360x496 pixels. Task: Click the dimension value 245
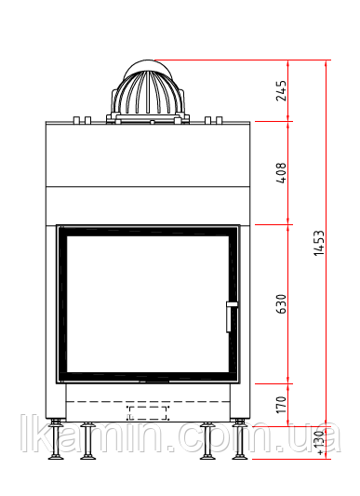[281, 91]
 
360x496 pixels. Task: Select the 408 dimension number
[281, 173]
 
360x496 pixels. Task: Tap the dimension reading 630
[281, 304]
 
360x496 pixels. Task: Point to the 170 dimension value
[281, 405]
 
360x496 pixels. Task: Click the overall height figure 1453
[319, 243]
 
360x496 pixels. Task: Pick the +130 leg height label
[320, 443]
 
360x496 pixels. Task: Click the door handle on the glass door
[231, 316]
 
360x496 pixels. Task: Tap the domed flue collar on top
[148, 91]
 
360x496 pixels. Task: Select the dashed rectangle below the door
[147, 413]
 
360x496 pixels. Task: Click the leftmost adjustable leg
[56, 439]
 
